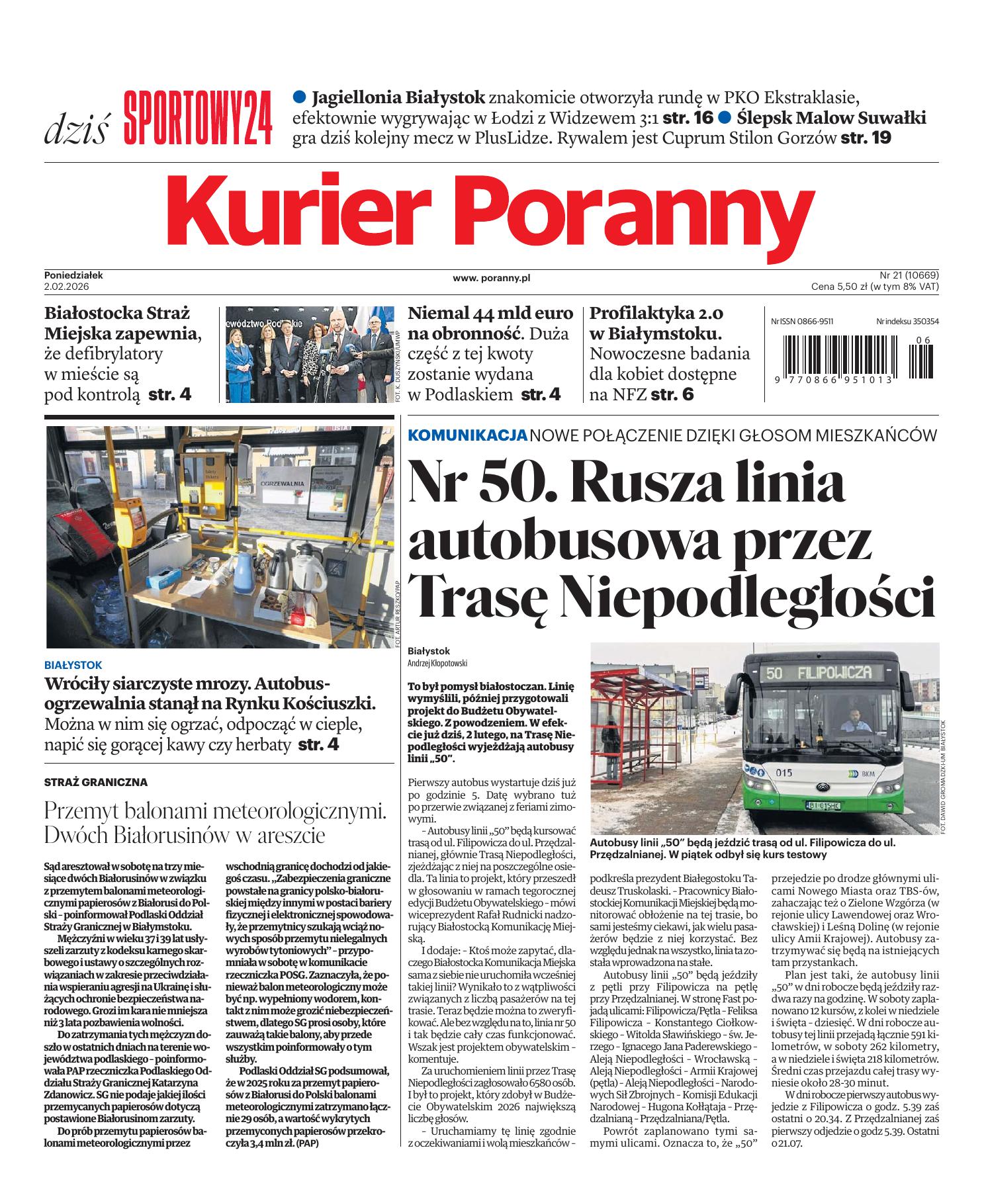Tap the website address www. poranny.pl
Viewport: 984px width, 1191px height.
click(491, 279)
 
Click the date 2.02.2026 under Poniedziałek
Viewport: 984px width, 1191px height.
click(66, 287)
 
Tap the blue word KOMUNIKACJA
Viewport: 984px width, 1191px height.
click(468, 435)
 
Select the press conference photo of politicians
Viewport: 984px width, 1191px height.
click(308, 355)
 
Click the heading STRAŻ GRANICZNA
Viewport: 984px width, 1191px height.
click(96, 782)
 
